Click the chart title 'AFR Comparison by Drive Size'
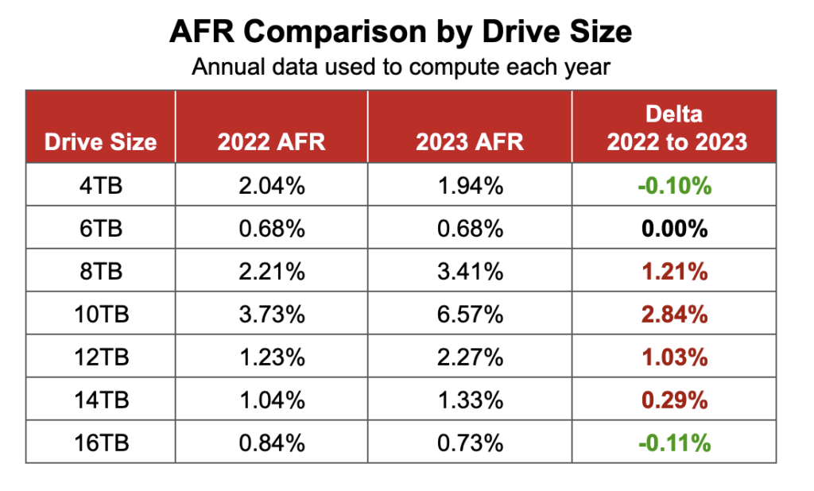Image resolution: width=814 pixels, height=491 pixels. (x=401, y=32)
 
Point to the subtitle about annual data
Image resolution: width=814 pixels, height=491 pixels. (x=401, y=67)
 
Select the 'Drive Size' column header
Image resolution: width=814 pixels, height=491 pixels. (x=100, y=142)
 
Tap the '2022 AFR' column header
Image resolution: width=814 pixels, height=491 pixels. (x=272, y=142)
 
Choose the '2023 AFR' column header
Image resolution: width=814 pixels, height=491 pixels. (x=470, y=142)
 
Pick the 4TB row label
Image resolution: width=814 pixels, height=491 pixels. (x=100, y=186)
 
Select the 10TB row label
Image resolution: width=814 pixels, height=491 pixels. (x=100, y=315)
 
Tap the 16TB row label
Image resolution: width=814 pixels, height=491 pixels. (x=100, y=443)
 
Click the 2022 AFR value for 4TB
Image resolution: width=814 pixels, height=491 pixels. (x=272, y=186)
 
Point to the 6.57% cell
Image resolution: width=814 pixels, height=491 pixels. (x=470, y=315)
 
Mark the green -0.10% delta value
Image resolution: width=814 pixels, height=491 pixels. (x=674, y=186)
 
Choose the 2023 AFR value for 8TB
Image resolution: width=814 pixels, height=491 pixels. (x=470, y=272)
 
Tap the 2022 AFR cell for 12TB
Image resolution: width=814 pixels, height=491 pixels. (x=272, y=358)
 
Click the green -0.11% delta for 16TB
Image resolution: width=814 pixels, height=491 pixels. (x=674, y=443)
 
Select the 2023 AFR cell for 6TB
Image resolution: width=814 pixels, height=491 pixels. (x=470, y=229)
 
